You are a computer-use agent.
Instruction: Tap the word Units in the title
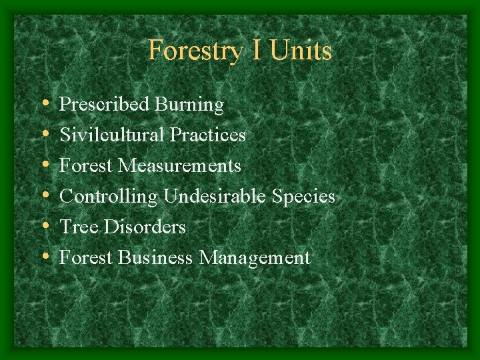301,51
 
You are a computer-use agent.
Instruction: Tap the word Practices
208,135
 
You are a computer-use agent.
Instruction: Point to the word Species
303,197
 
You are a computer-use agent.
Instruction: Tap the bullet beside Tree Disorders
45,227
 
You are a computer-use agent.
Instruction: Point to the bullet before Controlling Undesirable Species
45,196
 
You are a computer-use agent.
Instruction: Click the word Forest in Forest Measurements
86,165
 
